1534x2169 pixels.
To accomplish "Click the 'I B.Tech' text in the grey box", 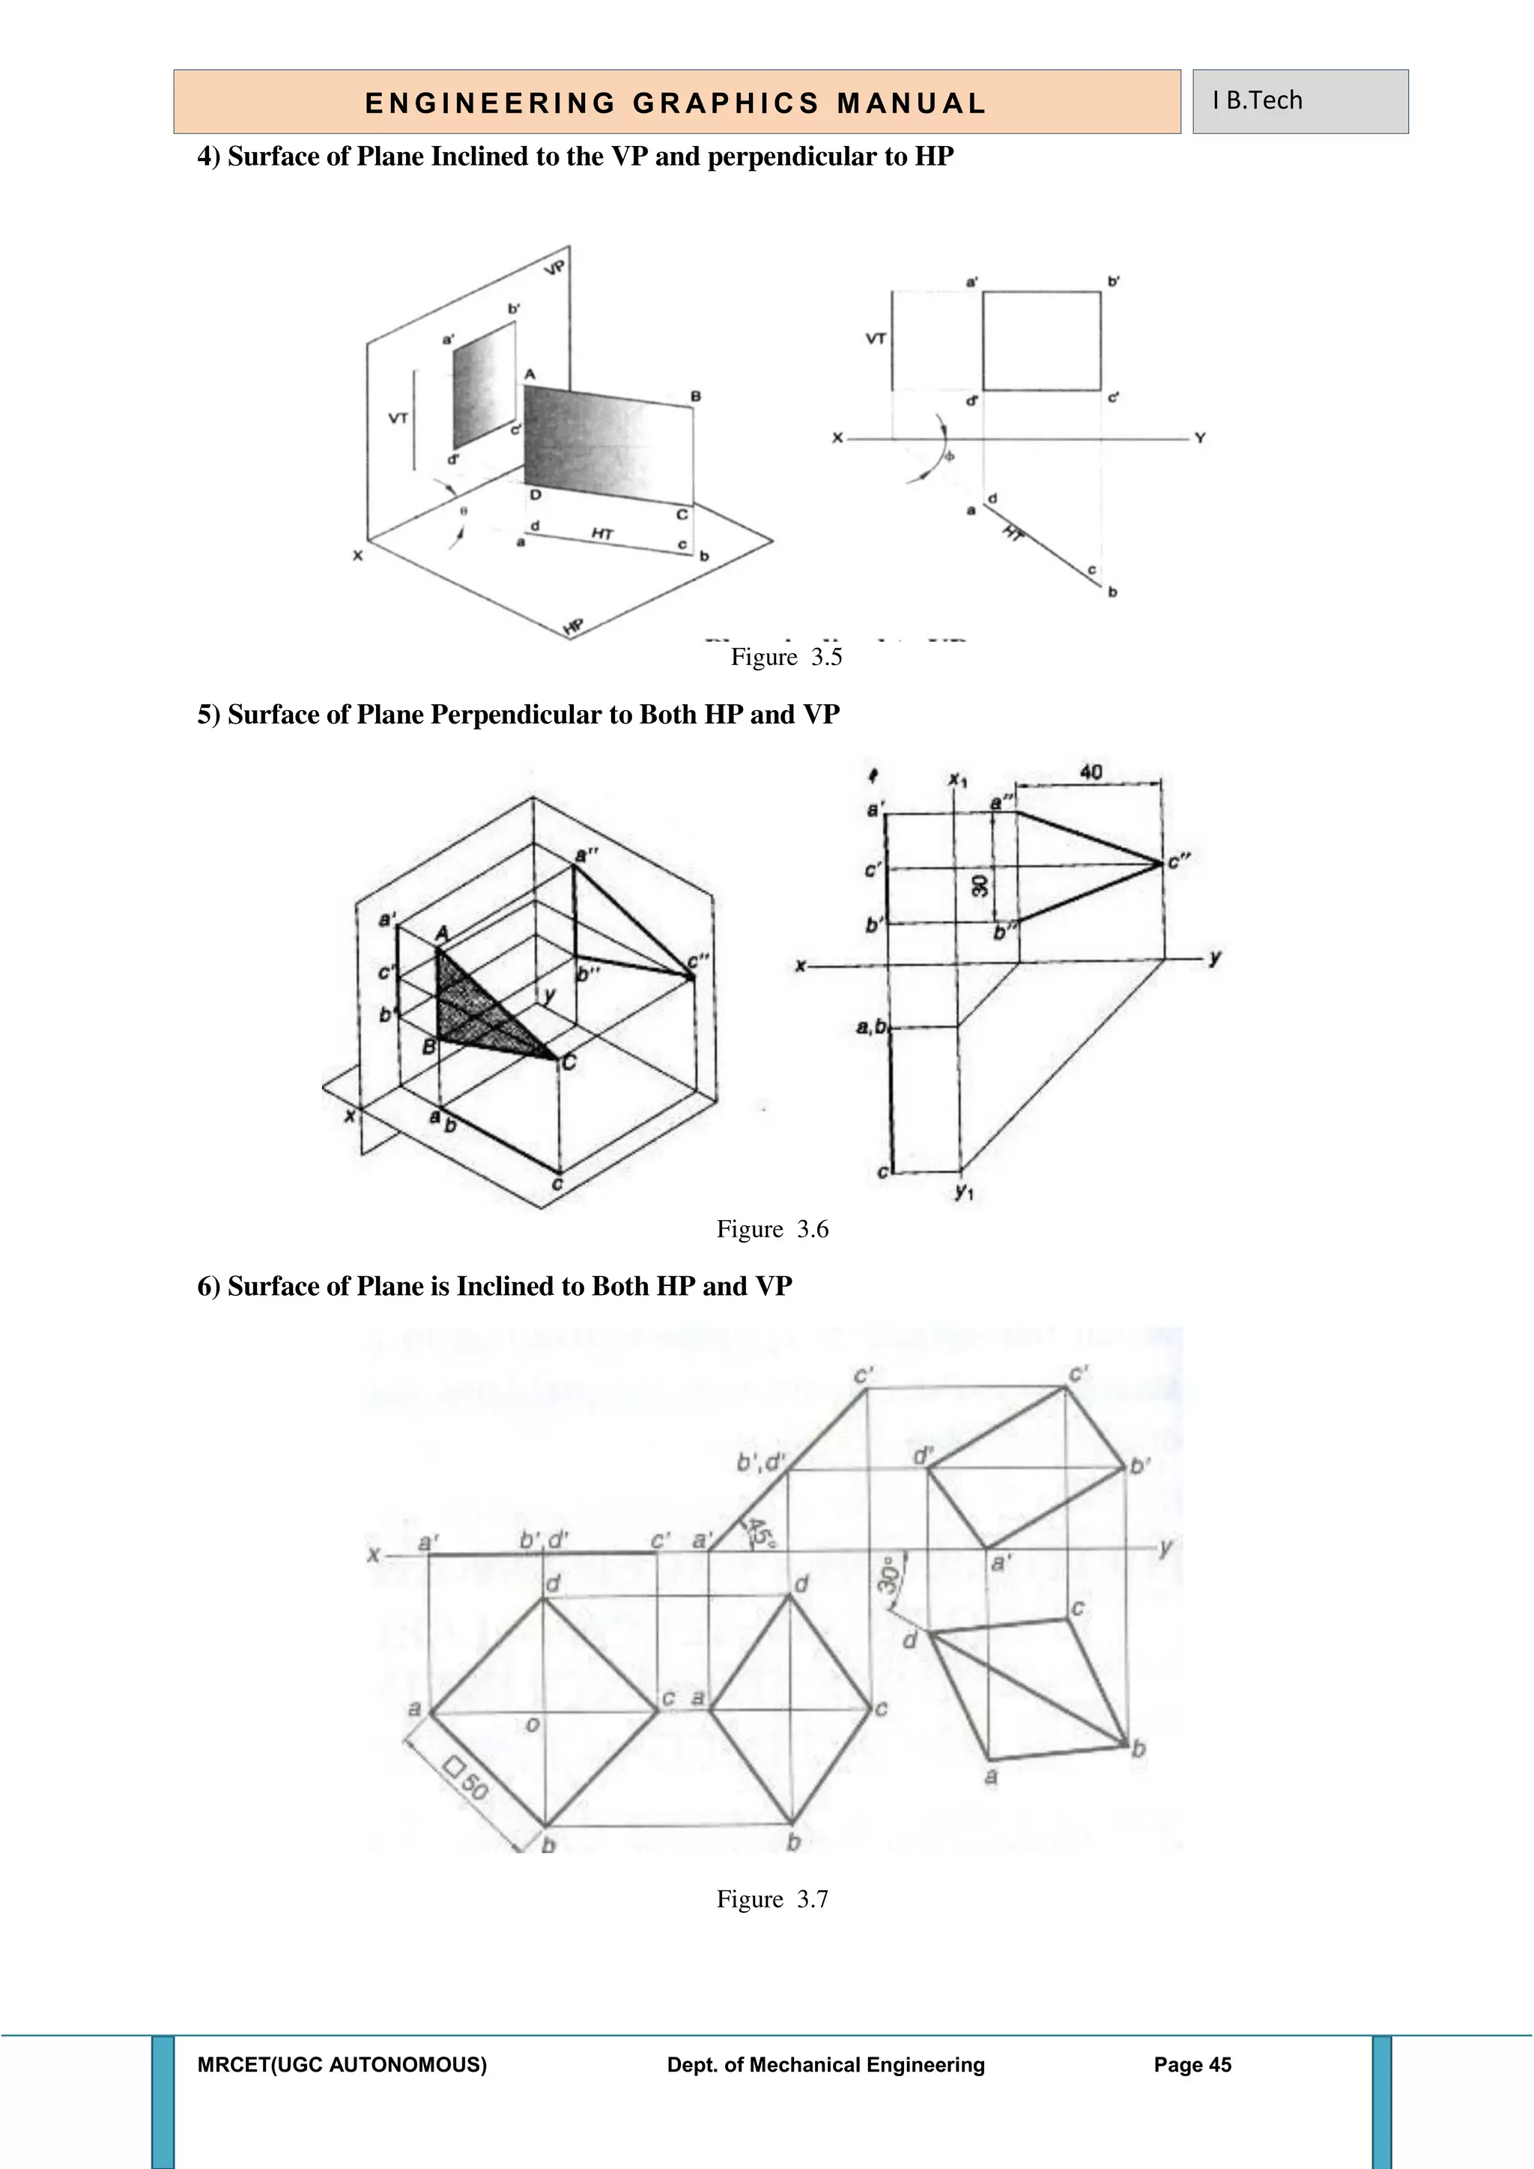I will click(1258, 100).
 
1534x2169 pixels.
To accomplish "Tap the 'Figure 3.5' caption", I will click(786, 657).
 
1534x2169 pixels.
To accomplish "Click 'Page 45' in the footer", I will click(1192, 2065).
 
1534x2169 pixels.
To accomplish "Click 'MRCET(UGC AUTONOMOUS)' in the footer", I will click(342, 2065).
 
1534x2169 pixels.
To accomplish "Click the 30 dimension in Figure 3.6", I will click(980, 885).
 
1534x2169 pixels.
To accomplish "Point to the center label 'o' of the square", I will click(532, 1725).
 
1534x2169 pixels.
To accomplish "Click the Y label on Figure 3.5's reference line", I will click(1200, 438).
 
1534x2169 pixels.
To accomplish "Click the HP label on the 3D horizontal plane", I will click(573, 626).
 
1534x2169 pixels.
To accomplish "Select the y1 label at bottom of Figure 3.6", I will click(963, 1192).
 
